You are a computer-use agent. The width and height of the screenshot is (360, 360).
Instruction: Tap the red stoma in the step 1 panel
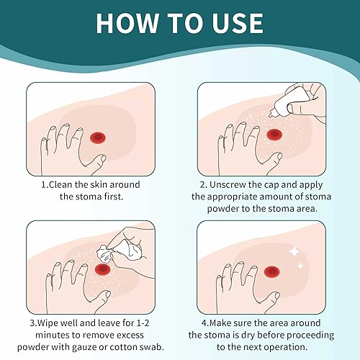[99, 136]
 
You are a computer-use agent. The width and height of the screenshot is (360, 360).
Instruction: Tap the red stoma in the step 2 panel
[273, 134]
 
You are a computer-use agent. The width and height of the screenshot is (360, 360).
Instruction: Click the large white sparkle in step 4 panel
[294, 250]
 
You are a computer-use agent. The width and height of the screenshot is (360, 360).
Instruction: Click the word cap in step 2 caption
[293, 184]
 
